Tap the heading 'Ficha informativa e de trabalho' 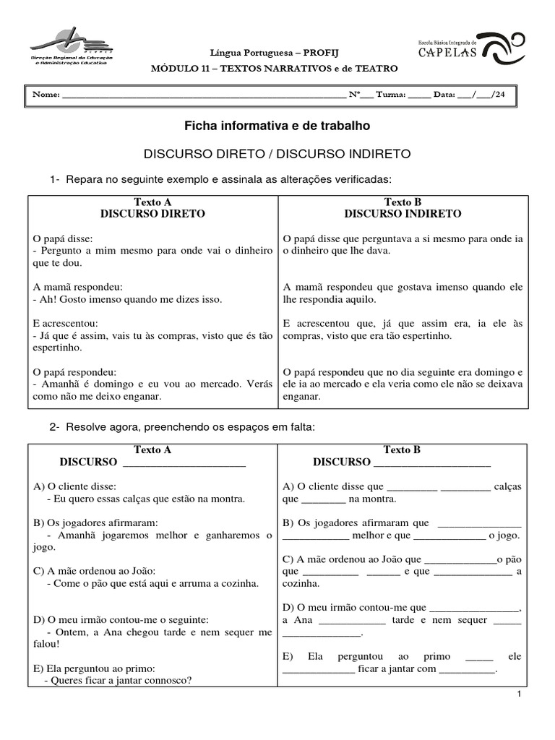coord(277,126)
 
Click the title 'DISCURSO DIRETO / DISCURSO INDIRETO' coord(277,154)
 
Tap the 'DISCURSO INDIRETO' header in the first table coord(403,214)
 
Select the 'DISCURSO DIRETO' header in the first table coord(152,214)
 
